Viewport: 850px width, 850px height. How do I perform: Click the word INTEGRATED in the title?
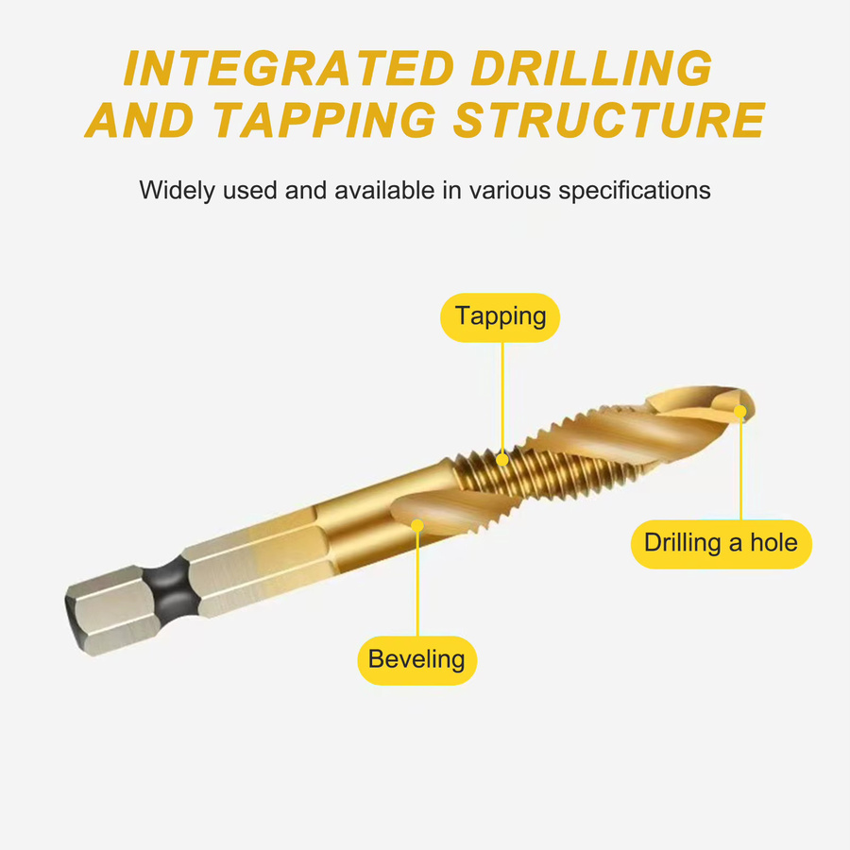(x=289, y=68)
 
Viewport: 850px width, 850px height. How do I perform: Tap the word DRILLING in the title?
(x=591, y=68)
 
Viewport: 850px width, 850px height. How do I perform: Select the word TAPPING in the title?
(x=325, y=120)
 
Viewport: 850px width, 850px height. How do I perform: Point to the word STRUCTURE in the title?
(x=609, y=120)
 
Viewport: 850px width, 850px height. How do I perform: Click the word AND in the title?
(x=141, y=120)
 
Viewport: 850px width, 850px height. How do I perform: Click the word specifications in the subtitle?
(x=635, y=191)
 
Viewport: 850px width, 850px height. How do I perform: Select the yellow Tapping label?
(x=500, y=317)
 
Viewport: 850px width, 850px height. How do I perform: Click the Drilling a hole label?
(x=721, y=544)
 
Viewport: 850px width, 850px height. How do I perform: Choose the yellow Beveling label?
(x=416, y=660)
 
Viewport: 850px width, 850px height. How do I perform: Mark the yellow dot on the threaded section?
(x=502, y=460)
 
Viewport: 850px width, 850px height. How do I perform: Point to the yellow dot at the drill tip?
(x=740, y=412)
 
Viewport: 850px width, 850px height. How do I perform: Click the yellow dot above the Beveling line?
(x=417, y=525)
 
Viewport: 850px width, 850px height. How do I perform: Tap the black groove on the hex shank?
(x=174, y=588)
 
